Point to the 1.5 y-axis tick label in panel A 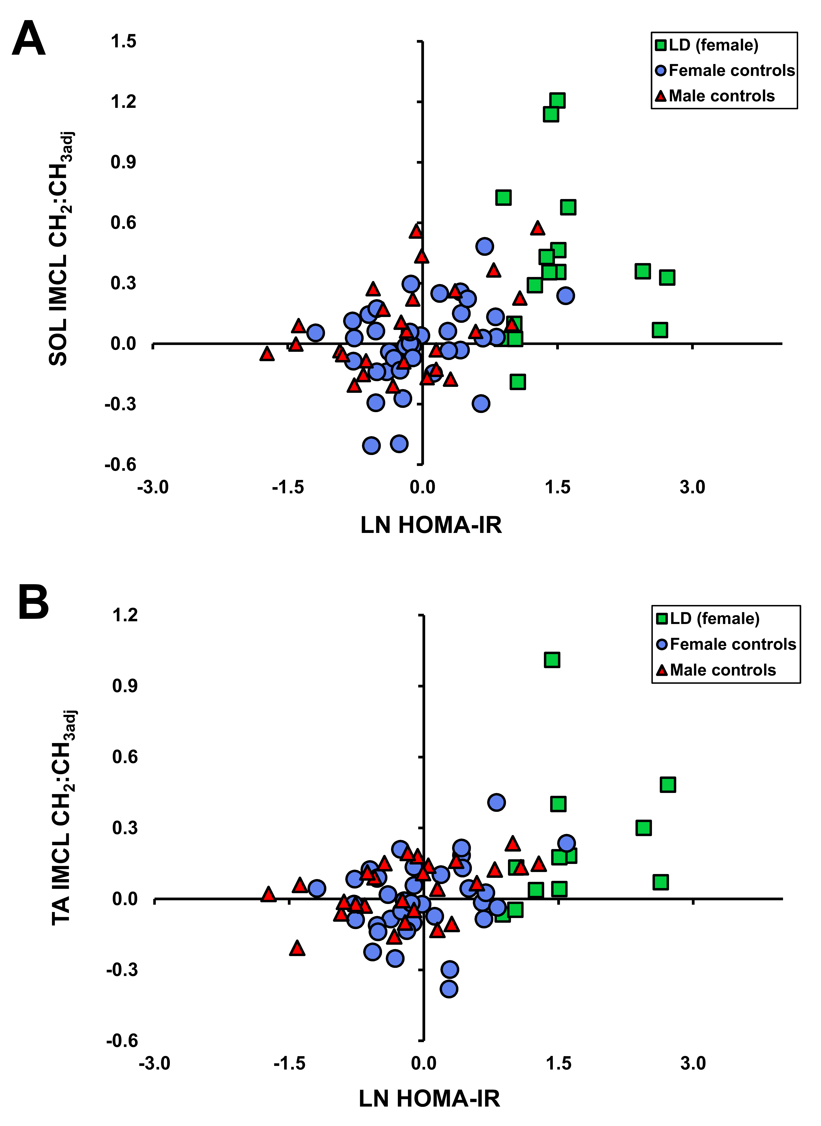[x=123, y=42]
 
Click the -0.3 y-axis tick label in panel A [x=120, y=404]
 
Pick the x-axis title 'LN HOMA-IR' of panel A [x=431, y=525]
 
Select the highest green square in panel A [x=558, y=100]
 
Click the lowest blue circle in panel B [x=449, y=989]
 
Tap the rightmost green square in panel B [x=668, y=785]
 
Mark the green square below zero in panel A [x=518, y=382]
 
